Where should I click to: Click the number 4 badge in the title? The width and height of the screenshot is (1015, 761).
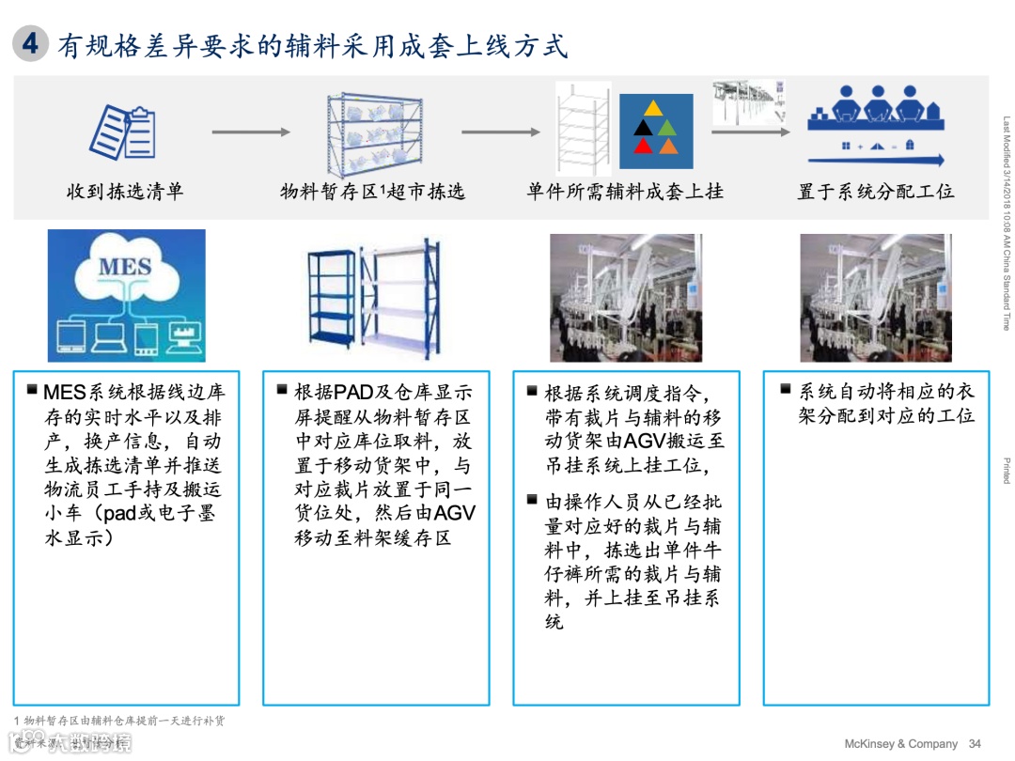(31, 44)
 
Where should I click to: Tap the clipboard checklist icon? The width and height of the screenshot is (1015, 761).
(122, 132)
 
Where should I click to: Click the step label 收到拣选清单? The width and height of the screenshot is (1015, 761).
(125, 192)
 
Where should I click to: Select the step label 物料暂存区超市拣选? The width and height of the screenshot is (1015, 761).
(372, 192)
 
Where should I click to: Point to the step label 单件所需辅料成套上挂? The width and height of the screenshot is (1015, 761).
(625, 192)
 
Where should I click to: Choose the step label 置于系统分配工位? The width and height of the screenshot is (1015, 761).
(876, 192)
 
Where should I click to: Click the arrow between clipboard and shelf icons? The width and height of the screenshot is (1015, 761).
(251, 132)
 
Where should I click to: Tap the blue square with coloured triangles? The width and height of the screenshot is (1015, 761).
(656, 131)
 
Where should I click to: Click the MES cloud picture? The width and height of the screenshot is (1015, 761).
(126, 296)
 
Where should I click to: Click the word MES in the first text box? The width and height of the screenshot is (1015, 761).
(64, 392)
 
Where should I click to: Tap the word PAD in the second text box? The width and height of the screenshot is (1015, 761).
(354, 392)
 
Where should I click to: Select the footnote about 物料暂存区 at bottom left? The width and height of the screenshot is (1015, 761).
(118, 721)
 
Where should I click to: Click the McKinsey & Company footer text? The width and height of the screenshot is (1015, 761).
(900, 743)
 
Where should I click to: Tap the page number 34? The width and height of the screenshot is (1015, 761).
(975, 743)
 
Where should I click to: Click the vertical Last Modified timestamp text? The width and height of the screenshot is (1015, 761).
(1006, 224)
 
